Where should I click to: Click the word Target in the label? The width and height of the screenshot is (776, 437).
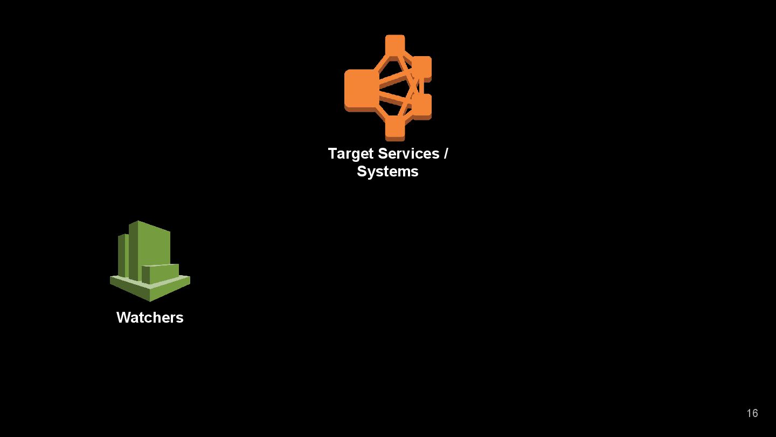coord(351,154)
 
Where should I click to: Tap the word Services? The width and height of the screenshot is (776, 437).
coord(408,154)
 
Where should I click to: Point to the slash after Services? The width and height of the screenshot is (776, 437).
coord(446,154)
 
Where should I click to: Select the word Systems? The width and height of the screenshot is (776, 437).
coord(387,172)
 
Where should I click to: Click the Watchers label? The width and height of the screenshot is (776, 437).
coord(150,318)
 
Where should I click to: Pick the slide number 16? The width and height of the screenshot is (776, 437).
coord(752,413)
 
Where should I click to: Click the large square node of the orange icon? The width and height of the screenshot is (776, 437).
coord(360,89)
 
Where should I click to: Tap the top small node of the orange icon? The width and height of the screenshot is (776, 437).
coord(395,45)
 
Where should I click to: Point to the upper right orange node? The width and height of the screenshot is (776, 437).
coord(422,67)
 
